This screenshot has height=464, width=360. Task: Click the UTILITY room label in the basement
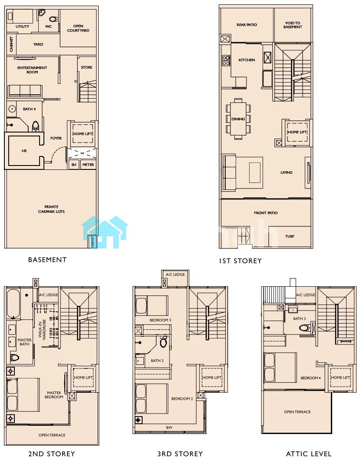(23, 27)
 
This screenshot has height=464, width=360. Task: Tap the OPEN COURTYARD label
(78, 28)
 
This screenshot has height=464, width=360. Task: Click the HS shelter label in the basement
(24, 151)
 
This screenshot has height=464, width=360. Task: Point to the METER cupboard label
(88, 165)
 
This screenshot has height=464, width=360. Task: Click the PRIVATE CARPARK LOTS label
(51, 209)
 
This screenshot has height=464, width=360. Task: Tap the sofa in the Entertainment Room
(25, 91)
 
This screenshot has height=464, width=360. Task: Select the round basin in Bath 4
(12, 109)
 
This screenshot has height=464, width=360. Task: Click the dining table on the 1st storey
(238, 119)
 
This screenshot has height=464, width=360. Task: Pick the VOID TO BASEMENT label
(293, 25)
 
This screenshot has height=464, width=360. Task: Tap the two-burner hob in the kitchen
(226, 60)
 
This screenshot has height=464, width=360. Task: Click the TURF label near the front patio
(290, 236)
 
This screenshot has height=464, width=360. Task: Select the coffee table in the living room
(255, 172)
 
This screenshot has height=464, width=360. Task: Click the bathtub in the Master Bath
(13, 304)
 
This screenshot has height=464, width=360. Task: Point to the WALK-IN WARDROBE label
(42, 329)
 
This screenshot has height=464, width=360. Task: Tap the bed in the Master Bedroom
(23, 394)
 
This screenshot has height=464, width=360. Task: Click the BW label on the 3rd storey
(169, 428)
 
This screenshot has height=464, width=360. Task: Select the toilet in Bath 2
(163, 342)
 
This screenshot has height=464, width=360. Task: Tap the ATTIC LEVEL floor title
(309, 454)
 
